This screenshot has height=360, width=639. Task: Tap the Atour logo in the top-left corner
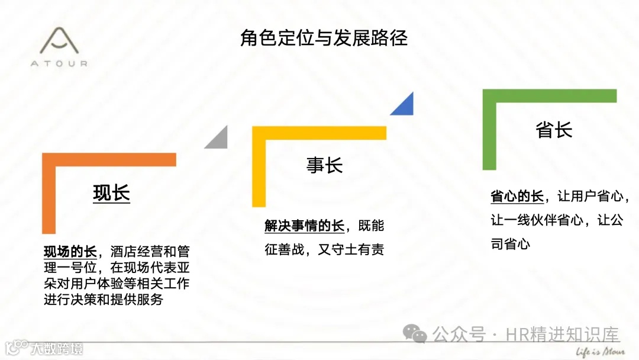[59, 47]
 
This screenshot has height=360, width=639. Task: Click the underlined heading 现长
[111, 194]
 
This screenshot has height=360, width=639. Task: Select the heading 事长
[324, 165]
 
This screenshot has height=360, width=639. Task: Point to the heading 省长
[554, 130]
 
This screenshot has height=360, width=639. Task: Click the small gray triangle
[218, 139]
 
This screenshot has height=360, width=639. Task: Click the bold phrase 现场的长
[70, 252]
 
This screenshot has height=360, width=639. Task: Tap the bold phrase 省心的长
[517, 196]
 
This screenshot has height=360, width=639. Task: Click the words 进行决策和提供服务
[103, 299]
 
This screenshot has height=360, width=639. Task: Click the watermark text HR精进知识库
[562, 335]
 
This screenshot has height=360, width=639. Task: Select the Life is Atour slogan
[600, 351]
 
